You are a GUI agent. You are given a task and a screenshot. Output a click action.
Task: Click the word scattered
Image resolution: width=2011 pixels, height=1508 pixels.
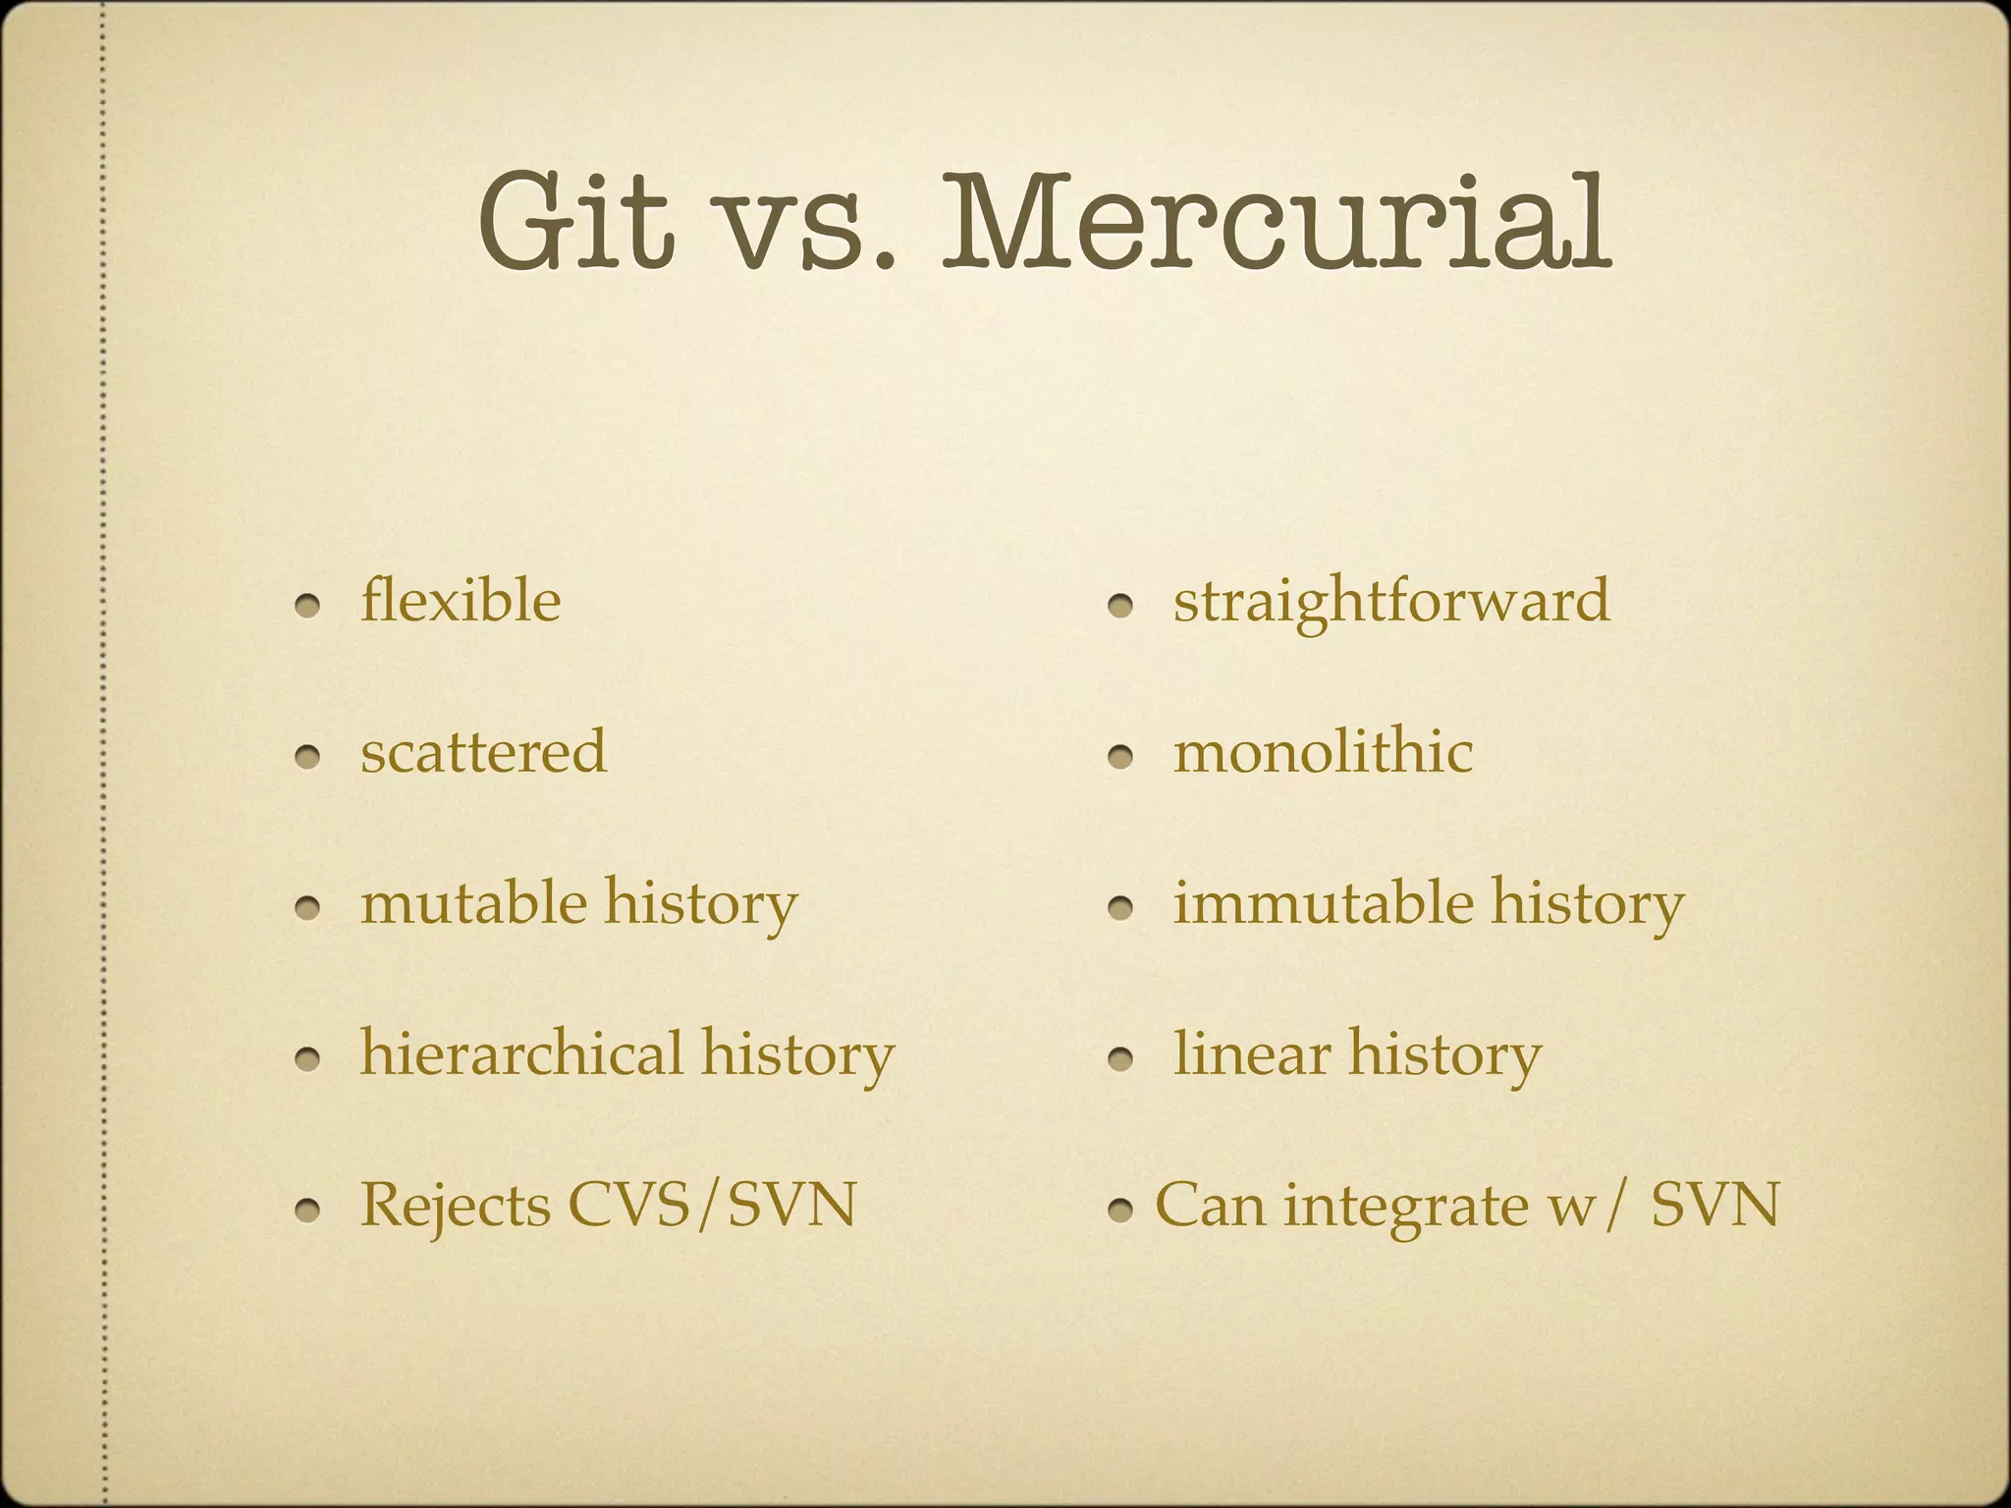coord(483,752)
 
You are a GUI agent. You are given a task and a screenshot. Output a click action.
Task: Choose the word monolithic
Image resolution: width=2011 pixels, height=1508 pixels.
coord(1323,752)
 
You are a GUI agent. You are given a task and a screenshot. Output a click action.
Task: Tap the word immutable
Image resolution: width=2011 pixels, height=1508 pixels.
coord(1323,902)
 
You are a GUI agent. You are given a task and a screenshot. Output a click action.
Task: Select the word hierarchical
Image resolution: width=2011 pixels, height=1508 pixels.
coord(521,1053)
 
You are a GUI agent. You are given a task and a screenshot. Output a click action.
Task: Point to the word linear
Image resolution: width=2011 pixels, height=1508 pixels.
coord(1251,1053)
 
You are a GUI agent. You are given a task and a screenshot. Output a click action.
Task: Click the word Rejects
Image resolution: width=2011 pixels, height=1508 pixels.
coord(455,1205)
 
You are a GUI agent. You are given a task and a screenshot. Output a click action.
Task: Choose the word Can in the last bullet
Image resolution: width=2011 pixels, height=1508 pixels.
coord(1210,1205)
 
